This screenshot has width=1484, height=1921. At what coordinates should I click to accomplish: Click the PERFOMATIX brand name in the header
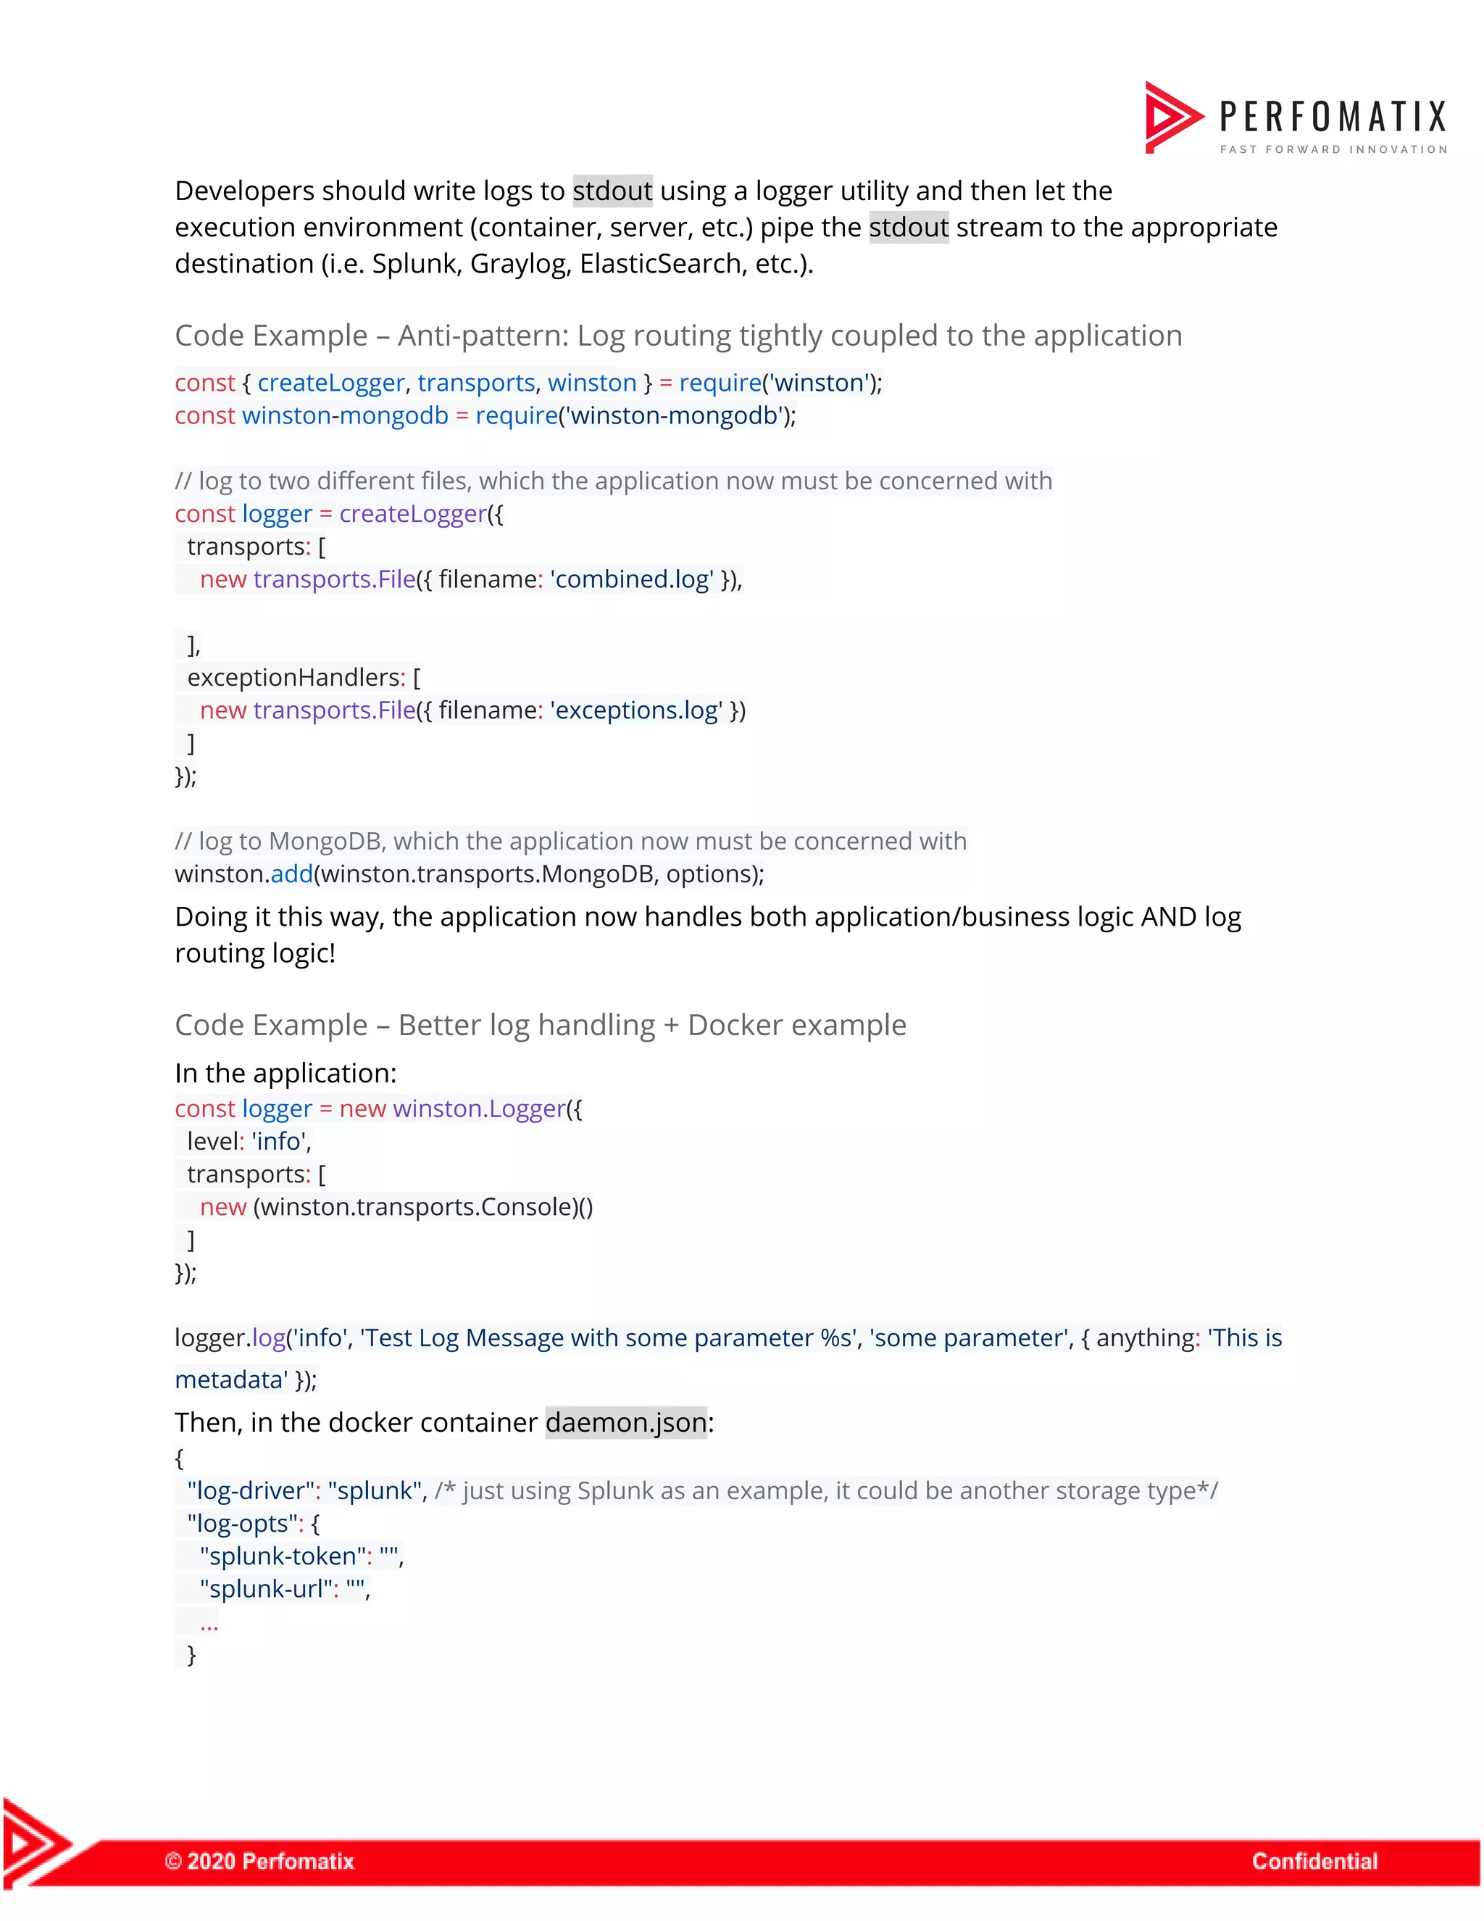[x=1332, y=117]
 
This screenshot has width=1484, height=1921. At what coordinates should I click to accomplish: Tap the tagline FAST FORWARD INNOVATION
[x=1333, y=149]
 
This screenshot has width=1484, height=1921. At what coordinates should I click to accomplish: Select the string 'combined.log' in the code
[x=632, y=580]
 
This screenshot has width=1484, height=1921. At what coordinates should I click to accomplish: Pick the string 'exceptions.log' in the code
[x=636, y=710]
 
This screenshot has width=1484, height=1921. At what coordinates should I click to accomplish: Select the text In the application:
[x=285, y=1074]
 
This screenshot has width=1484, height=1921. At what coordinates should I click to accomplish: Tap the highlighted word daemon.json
[x=626, y=1423]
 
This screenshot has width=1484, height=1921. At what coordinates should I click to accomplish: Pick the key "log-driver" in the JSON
[x=251, y=1492]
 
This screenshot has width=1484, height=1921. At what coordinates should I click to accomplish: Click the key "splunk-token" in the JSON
[x=282, y=1557]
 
